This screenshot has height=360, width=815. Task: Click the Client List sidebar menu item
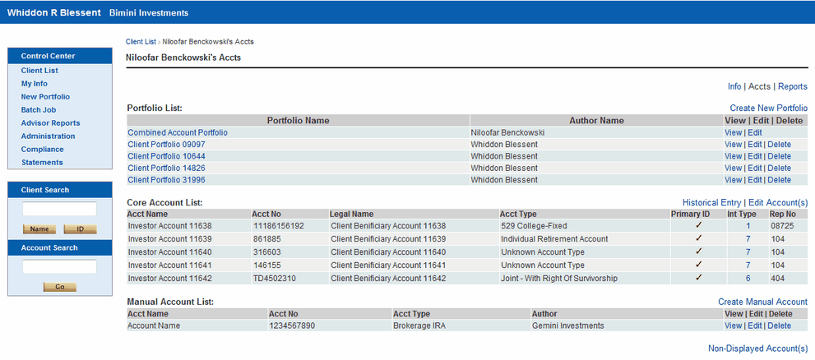(x=39, y=71)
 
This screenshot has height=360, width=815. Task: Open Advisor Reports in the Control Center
(x=50, y=123)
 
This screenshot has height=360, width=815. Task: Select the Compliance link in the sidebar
(x=42, y=150)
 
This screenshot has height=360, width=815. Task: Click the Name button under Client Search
(x=39, y=229)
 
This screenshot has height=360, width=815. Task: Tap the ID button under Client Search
(x=80, y=229)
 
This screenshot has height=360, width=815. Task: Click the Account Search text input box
(x=59, y=266)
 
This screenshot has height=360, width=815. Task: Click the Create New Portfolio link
(x=768, y=108)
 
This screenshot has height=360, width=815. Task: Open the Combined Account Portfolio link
(x=178, y=132)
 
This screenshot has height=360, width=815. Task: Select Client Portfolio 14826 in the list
(x=166, y=168)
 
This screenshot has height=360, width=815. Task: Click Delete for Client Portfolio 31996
(x=779, y=180)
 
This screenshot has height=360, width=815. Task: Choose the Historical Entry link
(x=711, y=202)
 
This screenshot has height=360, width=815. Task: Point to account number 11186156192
(x=278, y=225)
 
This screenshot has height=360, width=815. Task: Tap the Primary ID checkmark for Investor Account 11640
(x=698, y=252)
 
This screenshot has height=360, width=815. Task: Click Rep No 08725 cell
(x=781, y=225)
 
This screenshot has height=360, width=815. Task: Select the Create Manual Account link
(x=762, y=302)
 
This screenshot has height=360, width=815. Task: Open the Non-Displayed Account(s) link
(x=757, y=348)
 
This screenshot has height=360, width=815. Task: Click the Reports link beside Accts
(x=793, y=86)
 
